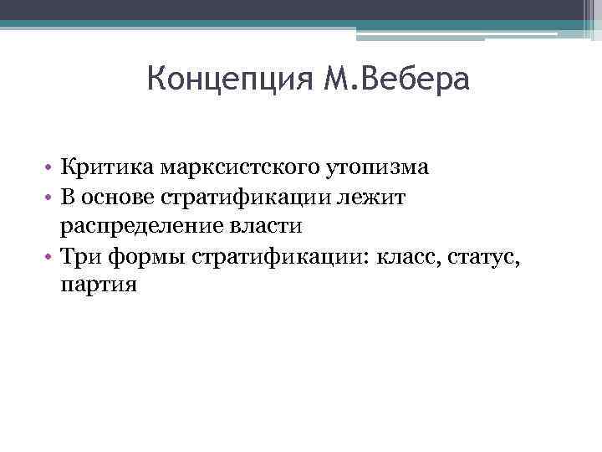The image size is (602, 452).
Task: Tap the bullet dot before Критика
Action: [x=50, y=169]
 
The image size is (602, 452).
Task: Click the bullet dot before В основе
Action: [x=50, y=199]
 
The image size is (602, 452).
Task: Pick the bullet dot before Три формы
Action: [x=50, y=257]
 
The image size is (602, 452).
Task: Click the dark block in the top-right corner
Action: [x=591, y=16]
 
